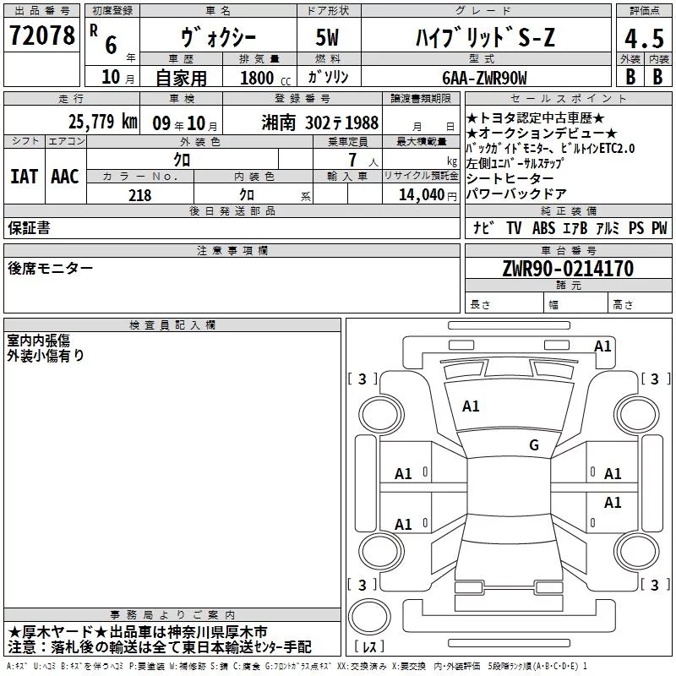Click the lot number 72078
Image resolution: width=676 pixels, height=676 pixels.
pyautogui.click(x=41, y=35)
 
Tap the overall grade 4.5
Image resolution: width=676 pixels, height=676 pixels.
pyautogui.click(x=644, y=39)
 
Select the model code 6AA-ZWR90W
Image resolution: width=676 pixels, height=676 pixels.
pyautogui.click(x=484, y=78)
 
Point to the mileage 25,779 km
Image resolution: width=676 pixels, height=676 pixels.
pyautogui.click(x=102, y=122)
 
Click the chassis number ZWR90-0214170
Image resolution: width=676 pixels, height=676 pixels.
pyautogui.click(x=568, y=268)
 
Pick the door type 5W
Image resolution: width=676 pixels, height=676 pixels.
pyautogui.click(x=327, y=37)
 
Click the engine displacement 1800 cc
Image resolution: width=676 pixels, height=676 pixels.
pyautogui.click(x=265, y=79)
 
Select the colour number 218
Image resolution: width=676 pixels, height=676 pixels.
pyautogui.click(x=139, y=195)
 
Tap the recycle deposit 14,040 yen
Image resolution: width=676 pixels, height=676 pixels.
pyautogui.click(x=428, y=195)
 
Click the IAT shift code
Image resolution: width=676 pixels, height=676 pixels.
pyautogui.click(x=24, y=177)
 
